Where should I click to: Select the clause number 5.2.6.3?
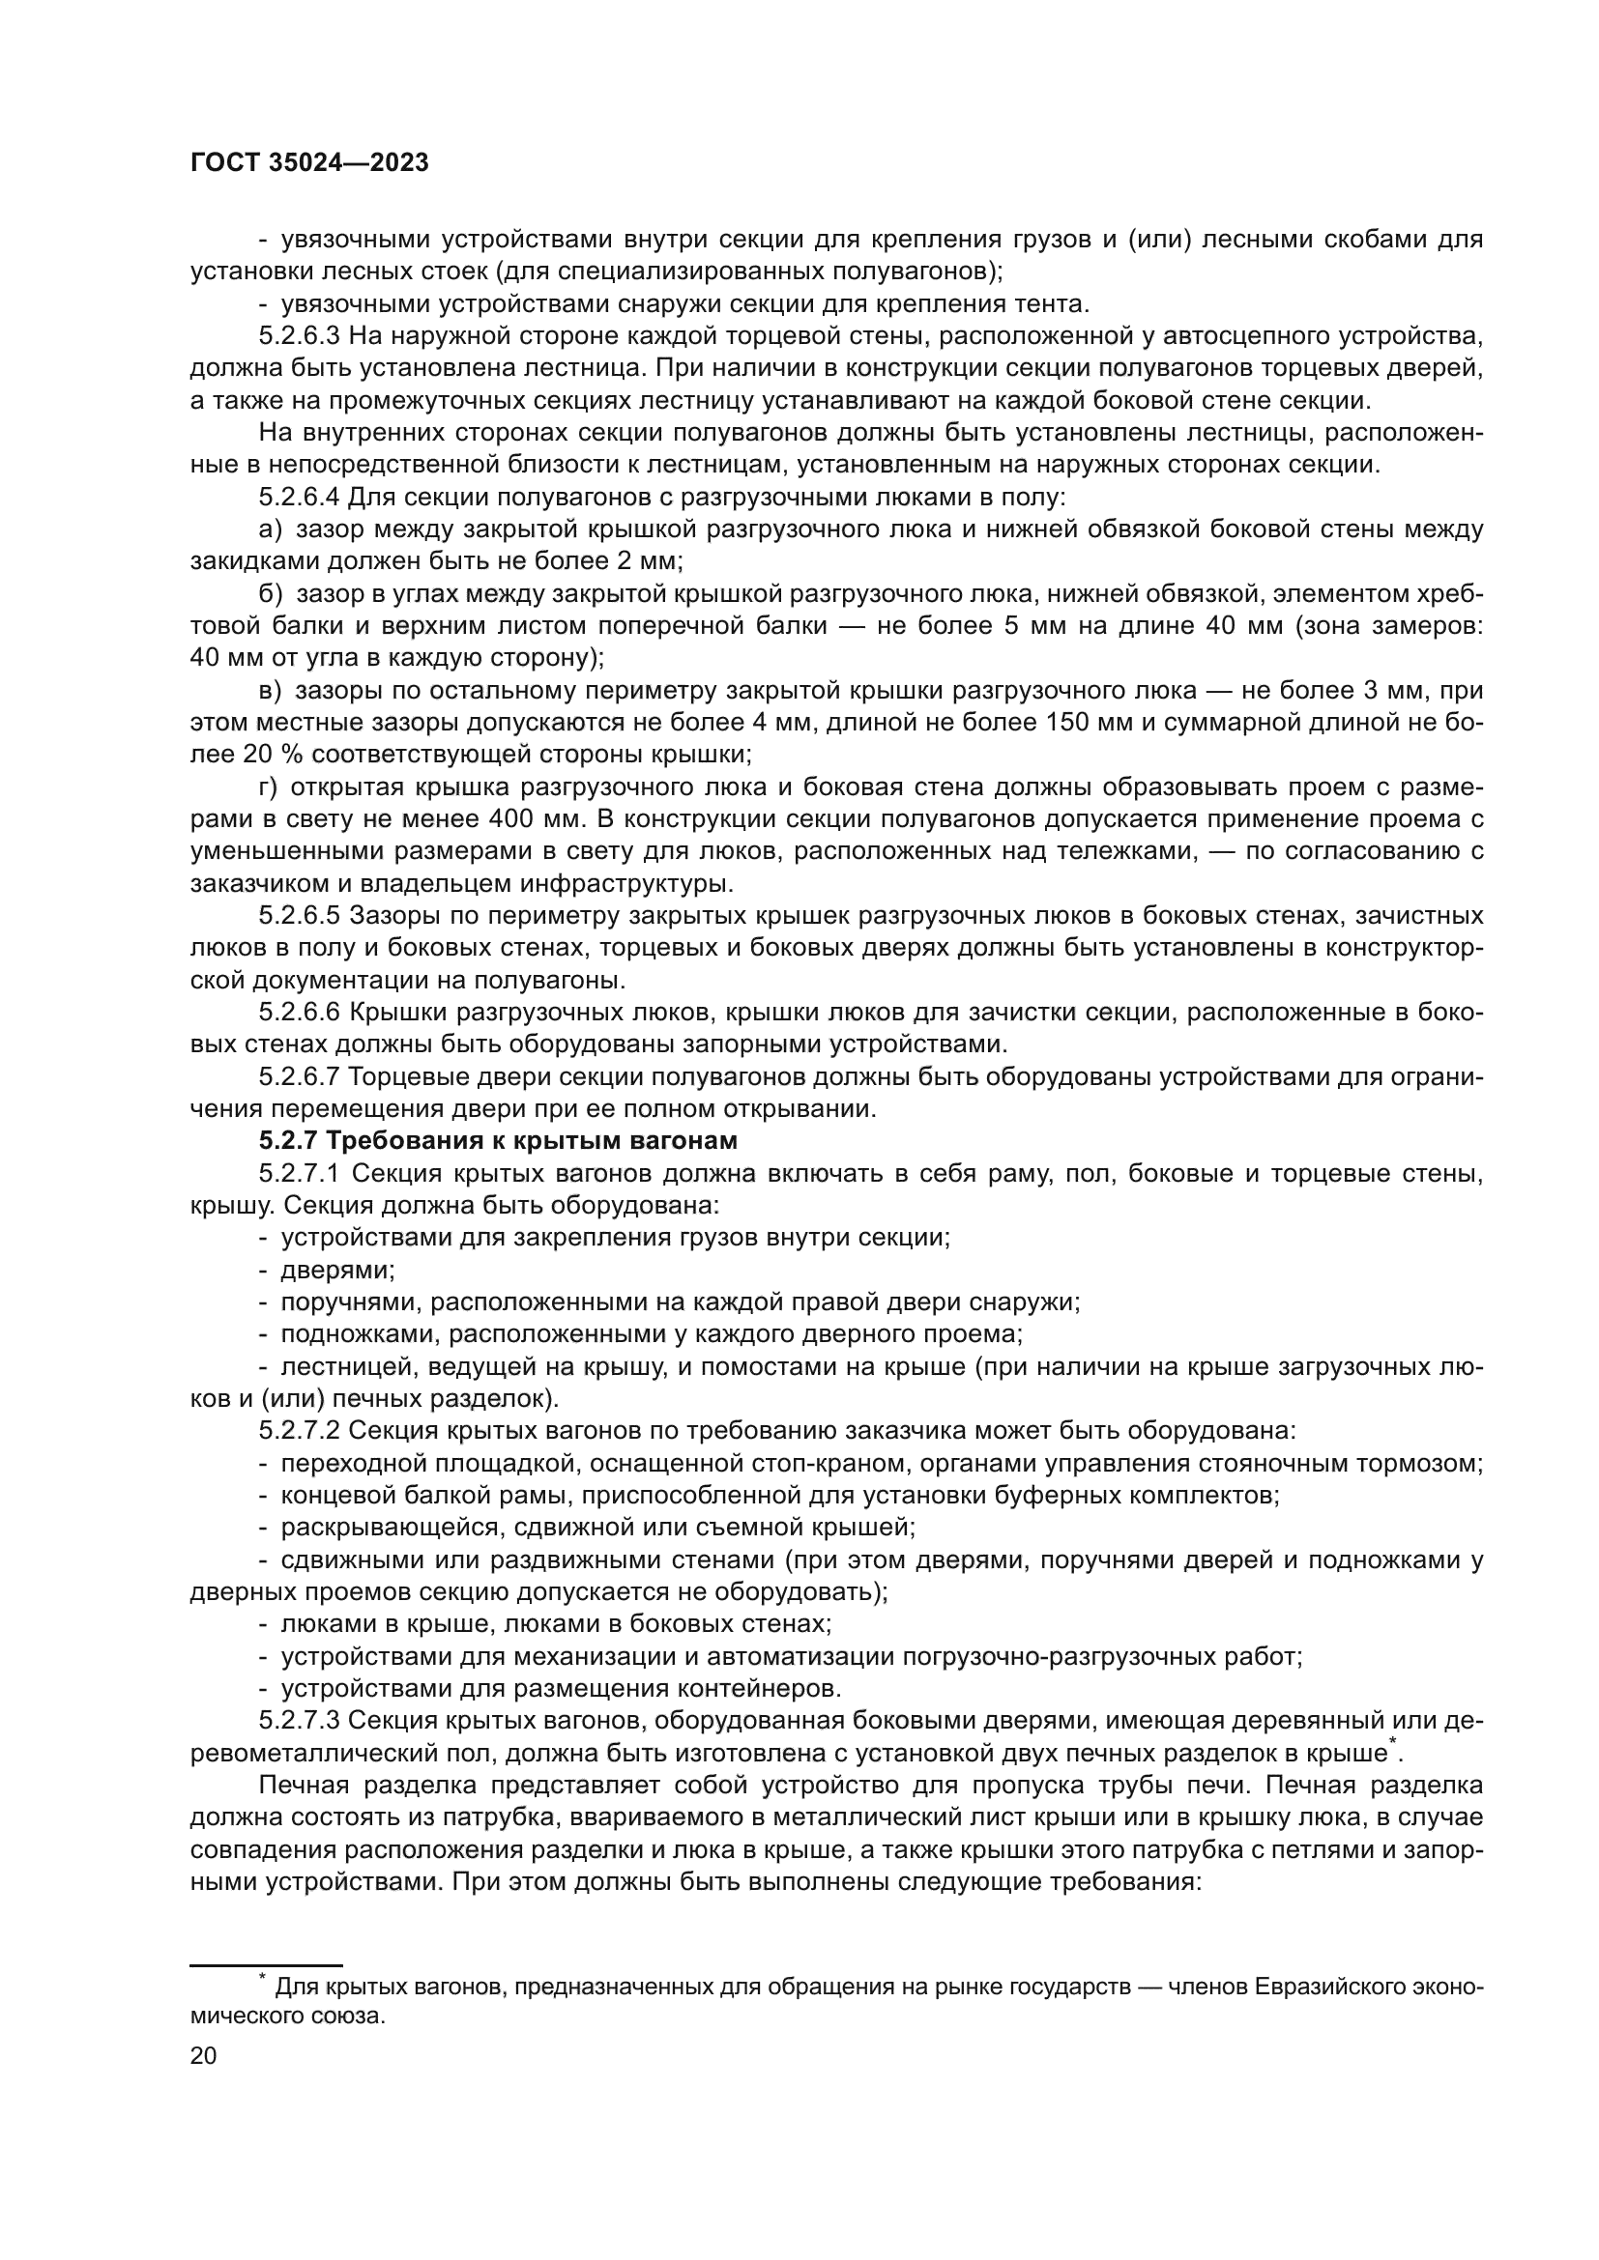coord(300,336)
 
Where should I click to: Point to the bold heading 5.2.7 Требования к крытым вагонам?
coord(498,1141)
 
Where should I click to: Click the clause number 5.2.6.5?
coord(300,915)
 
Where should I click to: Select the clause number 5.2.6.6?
coord(300,1012)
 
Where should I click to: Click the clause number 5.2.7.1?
coord(300,1173)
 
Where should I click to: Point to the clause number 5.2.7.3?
coord(300,1720)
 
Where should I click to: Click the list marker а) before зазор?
coord(270,529)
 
